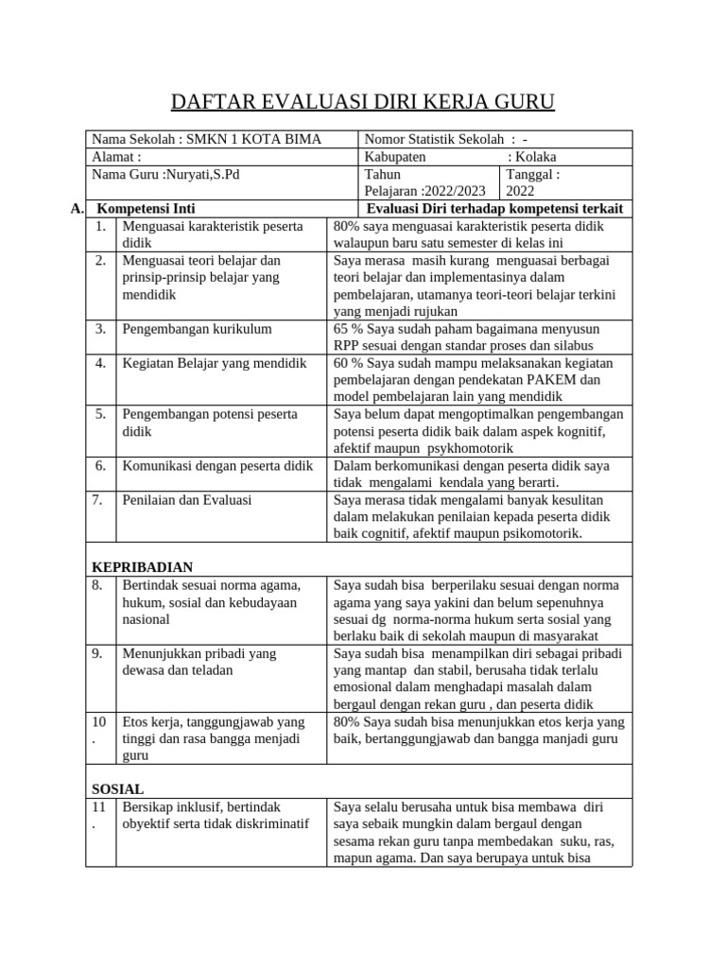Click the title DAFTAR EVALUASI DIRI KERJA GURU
(363, 102)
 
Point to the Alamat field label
(116, 156)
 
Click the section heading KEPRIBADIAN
(142, 567)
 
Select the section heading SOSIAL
(117, 788)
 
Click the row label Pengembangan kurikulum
(197, 329)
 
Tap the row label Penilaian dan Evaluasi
(186, 499)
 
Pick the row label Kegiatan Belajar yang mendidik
(215, 363)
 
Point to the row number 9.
(97, 652)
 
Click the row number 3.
(99, 329)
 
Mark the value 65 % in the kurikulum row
(348, 329)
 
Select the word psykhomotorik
(469, 448)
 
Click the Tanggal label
(532, 174)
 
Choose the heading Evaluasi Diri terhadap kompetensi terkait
(494, 209)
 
